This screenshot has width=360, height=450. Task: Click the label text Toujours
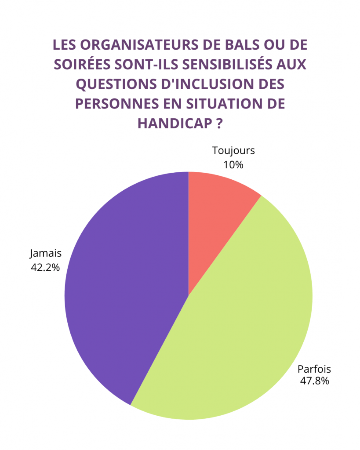point(233,151)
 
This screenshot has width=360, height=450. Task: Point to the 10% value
point(233,165)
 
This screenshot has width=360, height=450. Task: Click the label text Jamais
point(46,254)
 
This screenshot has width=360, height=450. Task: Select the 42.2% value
point(45,267)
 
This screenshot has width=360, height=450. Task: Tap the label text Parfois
point(314,369)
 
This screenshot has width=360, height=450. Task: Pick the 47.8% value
point(314,381)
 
